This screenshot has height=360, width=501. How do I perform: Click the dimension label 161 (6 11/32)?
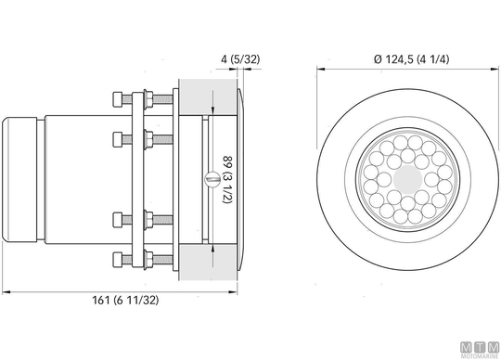tap(125, 301)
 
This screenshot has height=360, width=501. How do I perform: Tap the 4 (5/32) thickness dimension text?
tap(240, 59)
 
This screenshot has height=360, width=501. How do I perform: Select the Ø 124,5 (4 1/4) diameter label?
tap(412, 59)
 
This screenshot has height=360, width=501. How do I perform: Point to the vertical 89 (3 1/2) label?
tap(227, 179)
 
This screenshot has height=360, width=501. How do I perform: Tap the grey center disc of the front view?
tap(407, 179)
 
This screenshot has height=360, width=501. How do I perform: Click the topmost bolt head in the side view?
tap(118, 99)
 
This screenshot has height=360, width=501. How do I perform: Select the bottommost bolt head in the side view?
tap(118, 260)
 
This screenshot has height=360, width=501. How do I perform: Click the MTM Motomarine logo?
tap(480, 350)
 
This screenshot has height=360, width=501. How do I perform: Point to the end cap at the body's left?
tap(19, 179)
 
